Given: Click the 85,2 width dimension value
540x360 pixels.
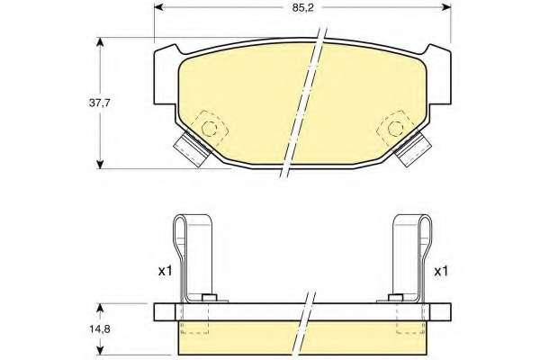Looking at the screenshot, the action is click(303, 8).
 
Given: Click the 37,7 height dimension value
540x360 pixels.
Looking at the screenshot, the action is click(100, 103).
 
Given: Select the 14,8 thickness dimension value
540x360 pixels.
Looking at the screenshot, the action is click(100, 329).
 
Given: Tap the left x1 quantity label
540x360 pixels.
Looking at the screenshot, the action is click(165, 272).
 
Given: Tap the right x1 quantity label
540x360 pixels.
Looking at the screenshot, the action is click(441, 272).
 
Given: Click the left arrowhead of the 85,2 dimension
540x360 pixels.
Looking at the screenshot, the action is click(158, 7).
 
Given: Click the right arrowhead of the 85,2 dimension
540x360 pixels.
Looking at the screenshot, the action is click(446, 7).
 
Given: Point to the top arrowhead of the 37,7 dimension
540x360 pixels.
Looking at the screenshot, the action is click(100, 42).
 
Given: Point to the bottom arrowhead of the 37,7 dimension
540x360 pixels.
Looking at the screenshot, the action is click(100, 164).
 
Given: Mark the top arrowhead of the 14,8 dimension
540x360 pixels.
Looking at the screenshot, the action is click(100, 308).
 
